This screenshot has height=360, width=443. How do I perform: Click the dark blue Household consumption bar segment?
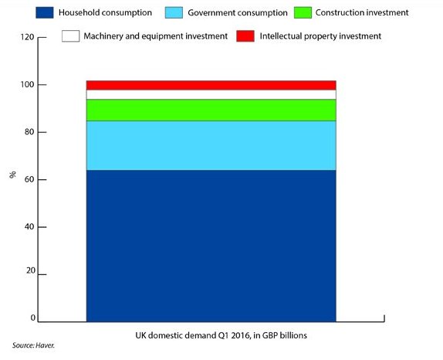coord(211,245)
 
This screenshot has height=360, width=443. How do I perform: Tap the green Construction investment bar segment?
coord(211,110)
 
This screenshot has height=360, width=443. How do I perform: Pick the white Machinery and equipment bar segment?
coord(211,94)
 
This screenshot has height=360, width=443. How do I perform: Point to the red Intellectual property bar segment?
coord(211,85)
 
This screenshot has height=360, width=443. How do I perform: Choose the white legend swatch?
coord(71,36)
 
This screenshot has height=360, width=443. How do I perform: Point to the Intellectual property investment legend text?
coord(320,36)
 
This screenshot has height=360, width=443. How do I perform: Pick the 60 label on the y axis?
coord(30,179)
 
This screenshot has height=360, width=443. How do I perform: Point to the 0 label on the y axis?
coord(32,318)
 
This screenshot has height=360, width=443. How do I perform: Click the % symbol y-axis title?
coord(12,175)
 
